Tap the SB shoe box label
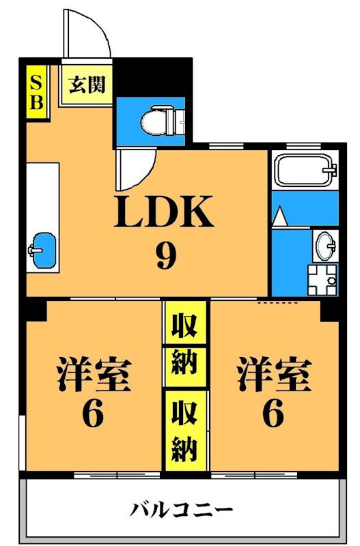tap(36, 92)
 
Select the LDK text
tap(165, 213)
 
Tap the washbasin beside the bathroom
tap(325, 243)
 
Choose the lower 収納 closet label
tap(184, 430)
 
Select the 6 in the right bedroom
tap(273, 414)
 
